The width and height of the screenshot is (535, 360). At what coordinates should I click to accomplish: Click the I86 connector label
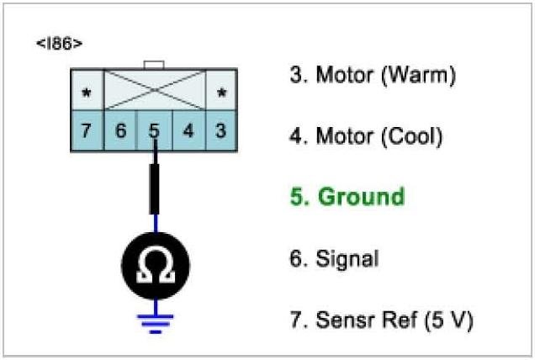click(59, 41)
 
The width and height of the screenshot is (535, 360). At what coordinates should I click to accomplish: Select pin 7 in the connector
click(87, 131)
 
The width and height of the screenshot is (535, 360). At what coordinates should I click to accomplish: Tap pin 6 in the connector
click(120, 131)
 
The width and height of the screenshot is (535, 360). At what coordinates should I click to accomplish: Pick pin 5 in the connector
click(154, 131)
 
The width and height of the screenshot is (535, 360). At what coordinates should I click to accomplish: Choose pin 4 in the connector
click(188, 131)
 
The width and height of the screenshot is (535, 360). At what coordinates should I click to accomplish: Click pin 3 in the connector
click(220, 131)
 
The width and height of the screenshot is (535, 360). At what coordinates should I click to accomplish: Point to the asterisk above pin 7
click(87, 92)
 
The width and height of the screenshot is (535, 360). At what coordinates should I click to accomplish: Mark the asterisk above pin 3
click(221, 92)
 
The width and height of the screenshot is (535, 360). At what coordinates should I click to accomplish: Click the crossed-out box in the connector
click(154, 89)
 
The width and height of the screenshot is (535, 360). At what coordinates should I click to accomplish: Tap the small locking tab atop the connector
click(154, 64)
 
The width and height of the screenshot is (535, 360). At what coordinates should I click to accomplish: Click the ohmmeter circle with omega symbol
click(155, 267)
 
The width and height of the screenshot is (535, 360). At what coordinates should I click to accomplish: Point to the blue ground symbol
click(155, 320)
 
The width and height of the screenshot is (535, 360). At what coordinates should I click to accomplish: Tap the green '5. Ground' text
click(347, 197)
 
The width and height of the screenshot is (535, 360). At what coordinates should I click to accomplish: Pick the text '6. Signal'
click(334, 258)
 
